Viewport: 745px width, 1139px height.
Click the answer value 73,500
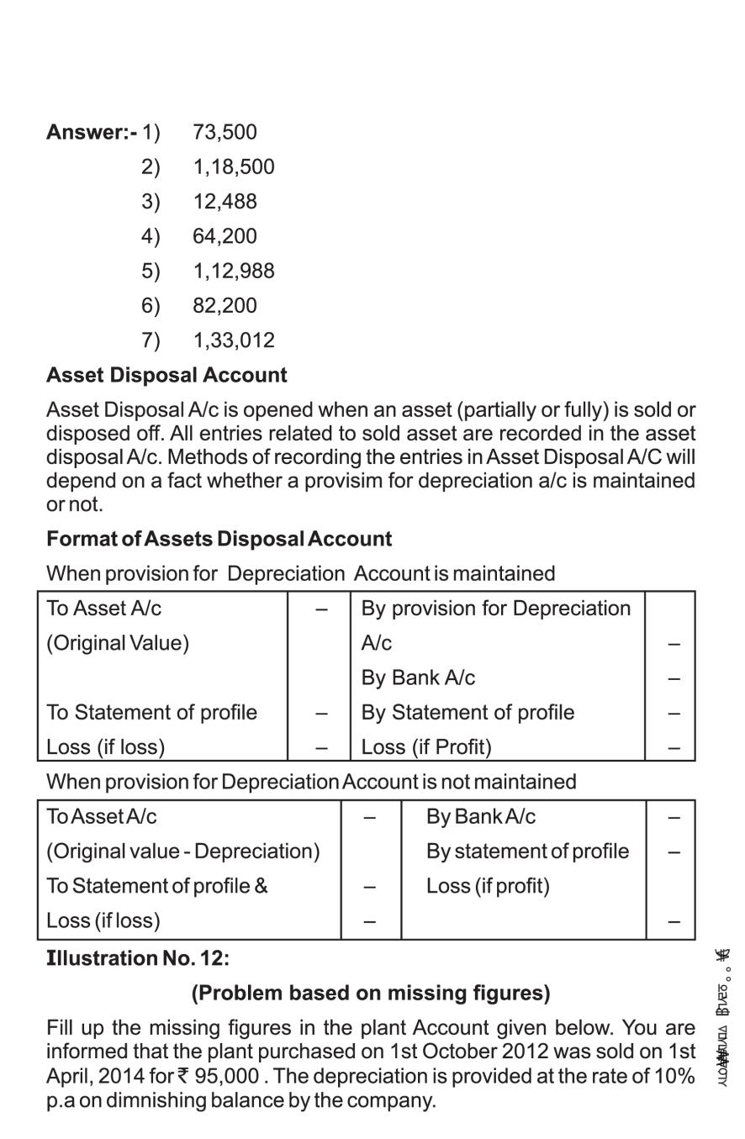[225, 133]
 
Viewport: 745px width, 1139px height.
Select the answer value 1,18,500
[233, 167]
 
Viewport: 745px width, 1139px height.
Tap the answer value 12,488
[225, 202]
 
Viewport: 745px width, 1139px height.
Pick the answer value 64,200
[225, 236]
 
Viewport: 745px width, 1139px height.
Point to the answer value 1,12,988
[233, 272]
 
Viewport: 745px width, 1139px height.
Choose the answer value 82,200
[225, 306]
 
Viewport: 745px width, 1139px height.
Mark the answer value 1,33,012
[233, 340]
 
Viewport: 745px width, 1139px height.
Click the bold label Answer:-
[91, 133]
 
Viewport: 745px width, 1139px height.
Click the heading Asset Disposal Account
[166, 376]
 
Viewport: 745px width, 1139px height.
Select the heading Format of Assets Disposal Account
[219, 539]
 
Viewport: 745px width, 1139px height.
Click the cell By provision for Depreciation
[495, 609]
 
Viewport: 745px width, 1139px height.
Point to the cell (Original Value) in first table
[118, 643]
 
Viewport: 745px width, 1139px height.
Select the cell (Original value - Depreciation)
[183, 852]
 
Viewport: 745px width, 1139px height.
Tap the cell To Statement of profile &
[157, 886]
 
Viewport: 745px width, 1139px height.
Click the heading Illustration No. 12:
[138, 958]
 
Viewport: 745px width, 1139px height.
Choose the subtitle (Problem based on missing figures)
[371, 993]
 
